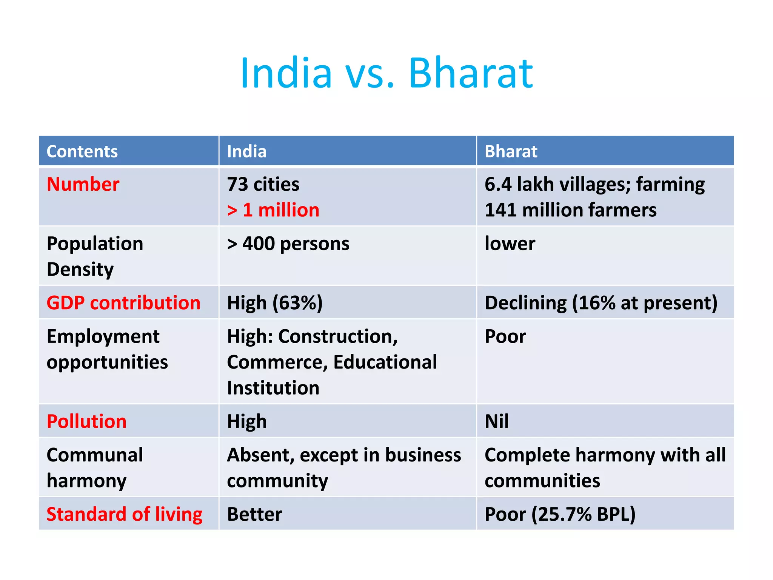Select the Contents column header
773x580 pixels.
click(82, 151)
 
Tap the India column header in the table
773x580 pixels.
click(246, 151)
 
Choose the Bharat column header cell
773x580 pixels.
click(510, 151)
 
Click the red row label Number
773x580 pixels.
click(83, 184)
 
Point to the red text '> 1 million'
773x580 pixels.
click(273, 210)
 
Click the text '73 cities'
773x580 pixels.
click(263, 184)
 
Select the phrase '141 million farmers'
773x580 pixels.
click(570, 210)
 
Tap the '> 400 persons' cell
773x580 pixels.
click(288, 244)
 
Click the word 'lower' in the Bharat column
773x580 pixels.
click(510, 244)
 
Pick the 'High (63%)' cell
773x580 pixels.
click(274, 303)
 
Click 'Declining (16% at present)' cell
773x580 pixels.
click(601, 303)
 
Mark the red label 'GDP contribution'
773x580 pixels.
click(123, 303)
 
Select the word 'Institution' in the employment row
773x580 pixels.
click(273, 388)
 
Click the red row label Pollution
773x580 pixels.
click(86, 421)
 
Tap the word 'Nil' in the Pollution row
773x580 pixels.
click(496, 421)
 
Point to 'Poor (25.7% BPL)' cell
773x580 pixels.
click(560, 514)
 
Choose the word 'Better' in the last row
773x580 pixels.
click(254, 514)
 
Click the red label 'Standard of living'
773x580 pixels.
click(124, 514)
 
